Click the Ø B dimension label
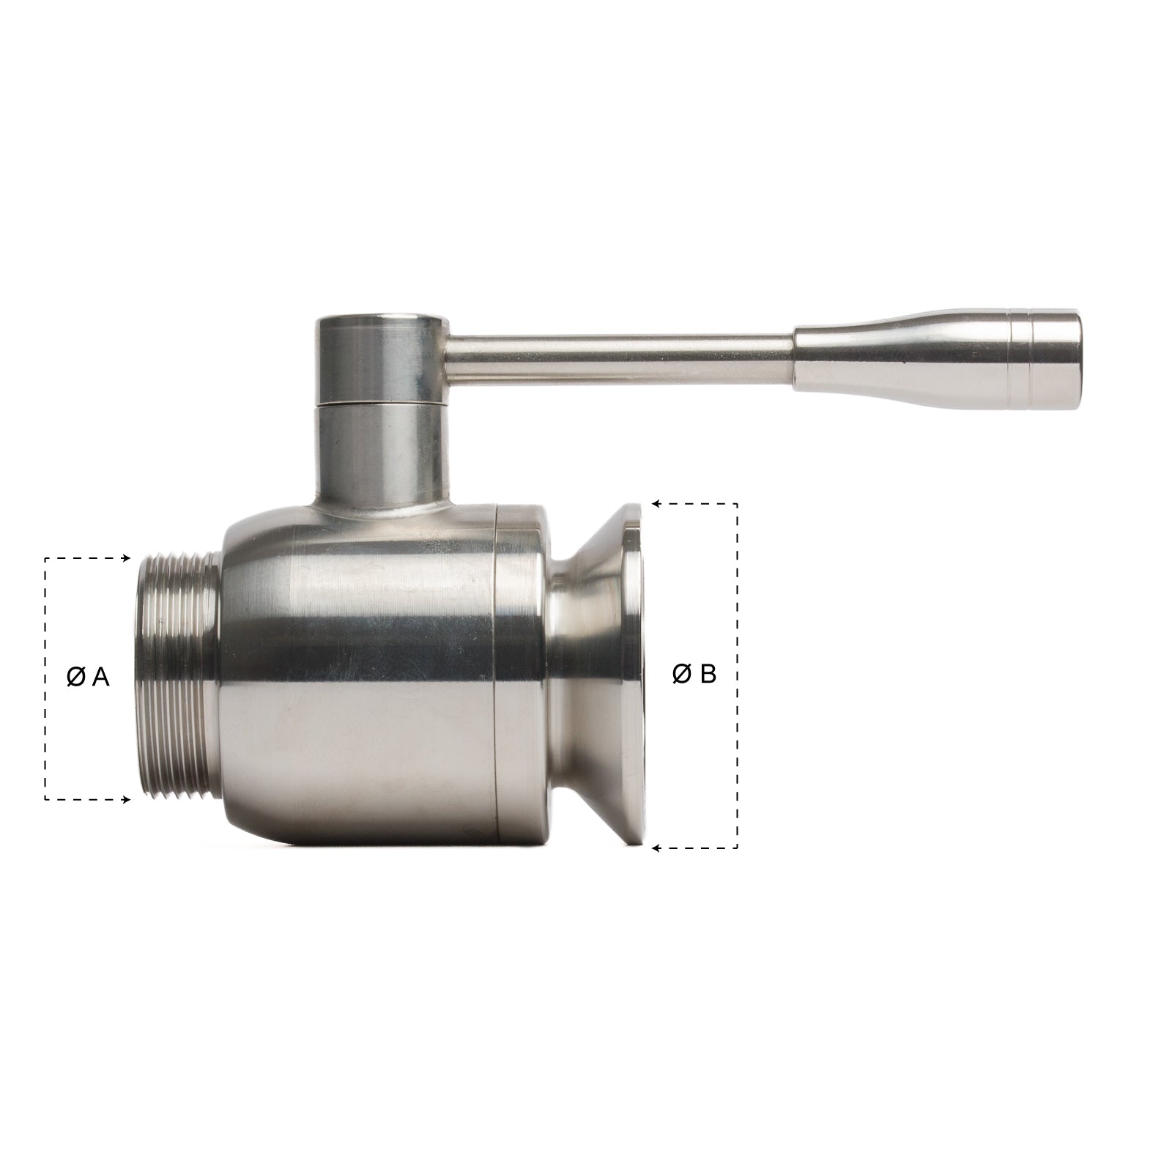tap(694, 674)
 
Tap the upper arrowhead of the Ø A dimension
tap(126, 559)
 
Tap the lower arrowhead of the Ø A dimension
tap(126, 799)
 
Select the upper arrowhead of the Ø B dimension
tap(656, 504)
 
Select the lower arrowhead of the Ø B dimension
tap(656, 848)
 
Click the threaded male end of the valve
tap(176, 678)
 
